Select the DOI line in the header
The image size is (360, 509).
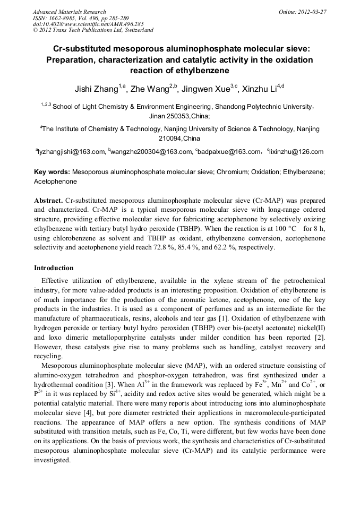(x=88, y=24)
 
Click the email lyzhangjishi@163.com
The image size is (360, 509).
(x=71, y=152)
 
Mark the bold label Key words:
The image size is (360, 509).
(x=52, y=172)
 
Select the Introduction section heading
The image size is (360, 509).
(x=54, y=268)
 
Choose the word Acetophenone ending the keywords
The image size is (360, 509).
(x=55, y=181)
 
